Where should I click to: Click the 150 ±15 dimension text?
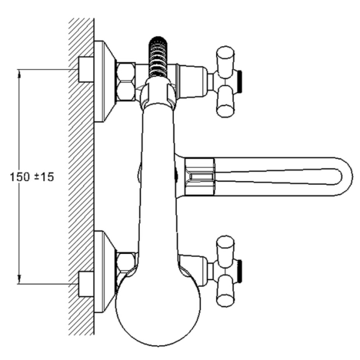pos(32,177)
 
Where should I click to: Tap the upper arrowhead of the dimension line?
pos(19,74)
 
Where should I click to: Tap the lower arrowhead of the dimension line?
pos(19,279)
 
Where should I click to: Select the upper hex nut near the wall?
pos(126,82)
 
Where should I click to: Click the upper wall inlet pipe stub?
pos(86,69)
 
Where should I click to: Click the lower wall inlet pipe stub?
pos(86,284)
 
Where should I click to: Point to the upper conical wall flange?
pos(105,82)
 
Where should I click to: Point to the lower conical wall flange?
pos(105,272)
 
